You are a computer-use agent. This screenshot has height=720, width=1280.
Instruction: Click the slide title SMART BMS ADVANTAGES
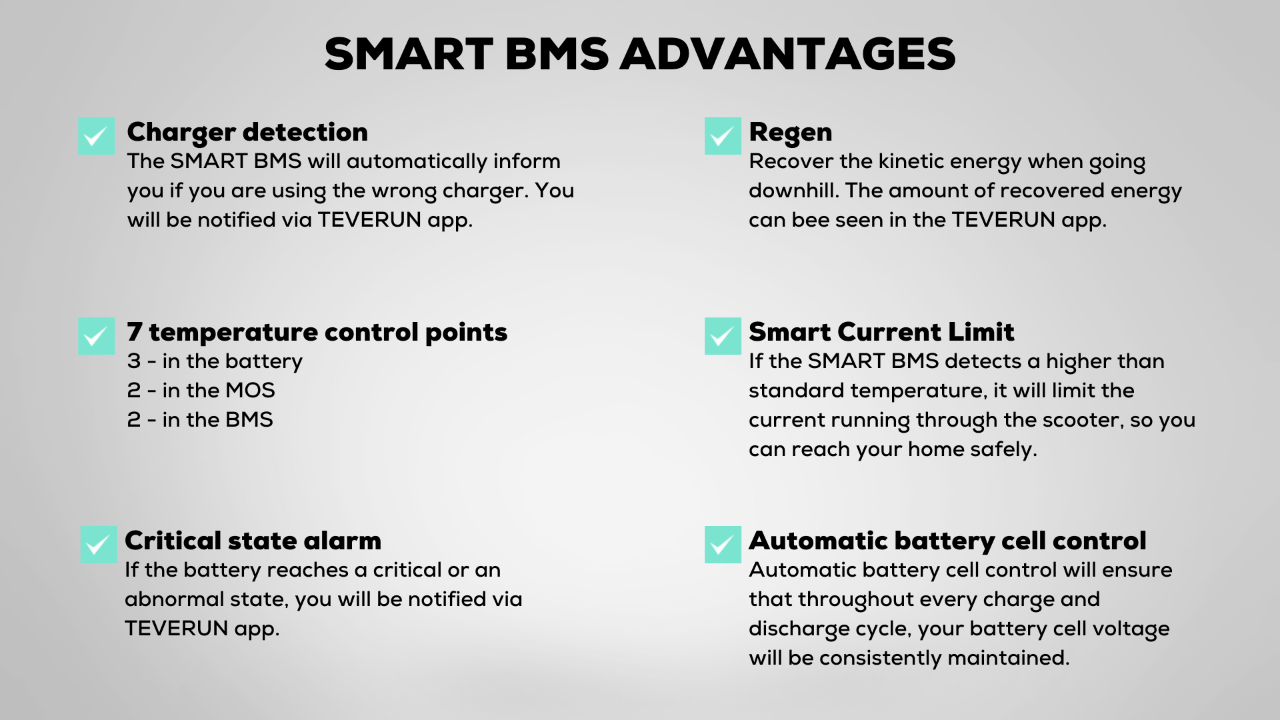point(640,54)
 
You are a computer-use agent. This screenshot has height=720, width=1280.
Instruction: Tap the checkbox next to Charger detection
point(97,136)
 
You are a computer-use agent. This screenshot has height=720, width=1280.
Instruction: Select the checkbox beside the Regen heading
point(723,136)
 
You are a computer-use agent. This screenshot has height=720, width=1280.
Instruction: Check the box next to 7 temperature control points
point(97,336)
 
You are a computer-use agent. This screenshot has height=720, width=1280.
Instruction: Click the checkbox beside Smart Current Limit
point(723,336)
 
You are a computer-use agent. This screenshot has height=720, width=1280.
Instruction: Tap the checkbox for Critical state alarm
point(99,545)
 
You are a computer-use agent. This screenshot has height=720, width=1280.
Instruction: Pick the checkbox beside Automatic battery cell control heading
point(723,545)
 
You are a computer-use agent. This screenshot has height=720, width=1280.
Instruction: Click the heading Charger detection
point(247,133)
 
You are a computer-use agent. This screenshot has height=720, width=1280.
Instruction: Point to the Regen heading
point(791,133)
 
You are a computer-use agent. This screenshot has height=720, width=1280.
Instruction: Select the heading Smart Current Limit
point(881,332)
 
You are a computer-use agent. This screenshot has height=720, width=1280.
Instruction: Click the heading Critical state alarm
point(253,541)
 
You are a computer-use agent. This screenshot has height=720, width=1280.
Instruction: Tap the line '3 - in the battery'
point(215,361)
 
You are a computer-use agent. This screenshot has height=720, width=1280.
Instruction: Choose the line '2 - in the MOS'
point(201,391)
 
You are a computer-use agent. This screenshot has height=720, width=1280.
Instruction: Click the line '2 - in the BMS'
point(200,420)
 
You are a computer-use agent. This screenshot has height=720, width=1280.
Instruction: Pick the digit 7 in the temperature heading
point(135,332)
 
